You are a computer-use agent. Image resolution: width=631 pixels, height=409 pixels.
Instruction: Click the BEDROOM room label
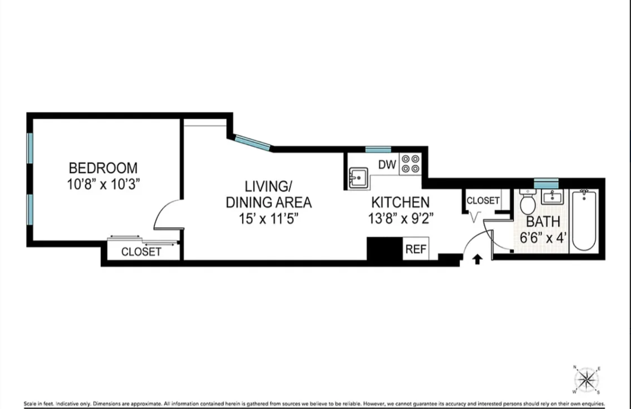coord(103,168)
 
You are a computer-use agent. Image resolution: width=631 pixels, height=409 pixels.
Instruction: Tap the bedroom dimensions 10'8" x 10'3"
coord(103,184)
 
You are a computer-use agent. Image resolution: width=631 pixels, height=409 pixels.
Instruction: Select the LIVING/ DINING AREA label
coord(268,194)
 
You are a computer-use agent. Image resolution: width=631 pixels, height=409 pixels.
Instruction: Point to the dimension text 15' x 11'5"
coord(268,219)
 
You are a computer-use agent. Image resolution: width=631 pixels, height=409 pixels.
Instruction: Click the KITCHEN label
coord(400,203)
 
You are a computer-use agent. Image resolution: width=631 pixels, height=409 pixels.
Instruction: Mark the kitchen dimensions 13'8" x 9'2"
coord(400,219)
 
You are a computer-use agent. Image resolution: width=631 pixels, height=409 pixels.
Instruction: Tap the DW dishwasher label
coord(387,164)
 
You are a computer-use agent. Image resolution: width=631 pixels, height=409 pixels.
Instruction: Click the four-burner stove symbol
coord(410,164)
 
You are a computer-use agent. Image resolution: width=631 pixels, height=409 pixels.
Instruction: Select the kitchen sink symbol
coord(358,178)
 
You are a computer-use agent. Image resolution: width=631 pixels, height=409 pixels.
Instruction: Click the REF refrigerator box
coord(416,249)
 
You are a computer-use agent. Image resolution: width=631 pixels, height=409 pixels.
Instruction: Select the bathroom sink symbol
coord(552,197)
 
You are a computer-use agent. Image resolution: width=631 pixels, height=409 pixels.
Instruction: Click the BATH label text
coord(543,222)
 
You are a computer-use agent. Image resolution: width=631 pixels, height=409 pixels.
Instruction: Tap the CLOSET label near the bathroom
coord(483,201)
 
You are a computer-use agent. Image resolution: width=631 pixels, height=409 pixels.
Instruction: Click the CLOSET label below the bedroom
coord(141,252)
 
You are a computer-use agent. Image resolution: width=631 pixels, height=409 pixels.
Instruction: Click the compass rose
coord(586,380)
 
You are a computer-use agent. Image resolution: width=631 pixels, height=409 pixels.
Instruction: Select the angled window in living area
coord(252,142)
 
